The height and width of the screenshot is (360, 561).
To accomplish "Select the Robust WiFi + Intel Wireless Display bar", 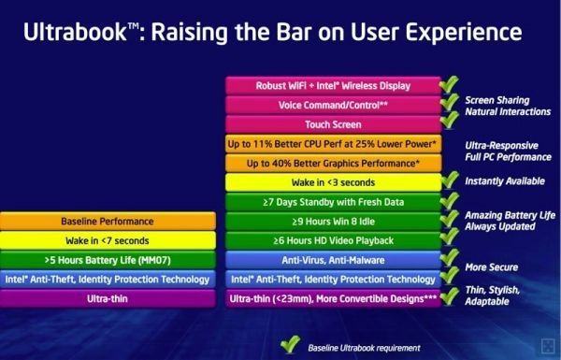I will click(x=333, y=85).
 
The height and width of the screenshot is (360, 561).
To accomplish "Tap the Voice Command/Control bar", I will click(x=333, y=105).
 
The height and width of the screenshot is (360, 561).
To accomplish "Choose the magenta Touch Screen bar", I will click(x=333, y=124).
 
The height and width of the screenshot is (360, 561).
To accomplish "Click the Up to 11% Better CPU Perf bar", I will click(x=333, y=144).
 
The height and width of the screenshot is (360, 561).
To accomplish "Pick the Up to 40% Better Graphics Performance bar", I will click(x=333, y=163).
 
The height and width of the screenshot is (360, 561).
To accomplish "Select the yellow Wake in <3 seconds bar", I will click(x=333, y=182).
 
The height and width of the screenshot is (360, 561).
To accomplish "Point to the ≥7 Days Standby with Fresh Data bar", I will click(x=333, y=202).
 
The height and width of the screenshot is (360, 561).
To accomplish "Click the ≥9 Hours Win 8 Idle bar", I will click(x=333, y=222).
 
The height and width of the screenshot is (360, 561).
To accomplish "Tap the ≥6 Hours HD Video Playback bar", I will click(x=333, y=240).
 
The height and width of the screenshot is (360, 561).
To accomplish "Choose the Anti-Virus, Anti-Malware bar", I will click(x=333, y=260).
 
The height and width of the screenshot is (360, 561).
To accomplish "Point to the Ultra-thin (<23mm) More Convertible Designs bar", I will click(x=333, y=299).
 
